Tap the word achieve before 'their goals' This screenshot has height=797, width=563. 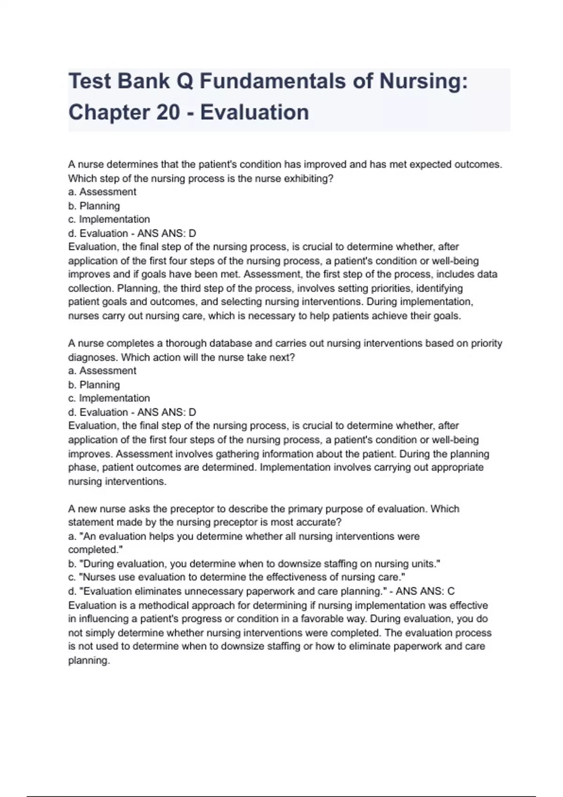[x=390, y=316]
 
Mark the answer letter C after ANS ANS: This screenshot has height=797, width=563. [x=451, y=592]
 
